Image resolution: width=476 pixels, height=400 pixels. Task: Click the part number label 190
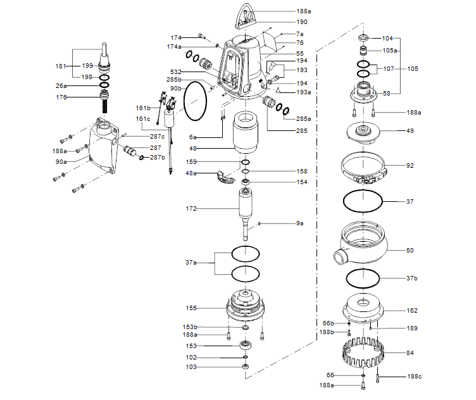coord(303,22)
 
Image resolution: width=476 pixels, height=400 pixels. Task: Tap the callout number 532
coord(175,72)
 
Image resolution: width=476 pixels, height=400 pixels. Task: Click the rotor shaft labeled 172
coord(246,209)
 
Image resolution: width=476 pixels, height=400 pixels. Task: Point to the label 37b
coord(412,278)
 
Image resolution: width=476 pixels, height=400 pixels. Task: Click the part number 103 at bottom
coord(191,367)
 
